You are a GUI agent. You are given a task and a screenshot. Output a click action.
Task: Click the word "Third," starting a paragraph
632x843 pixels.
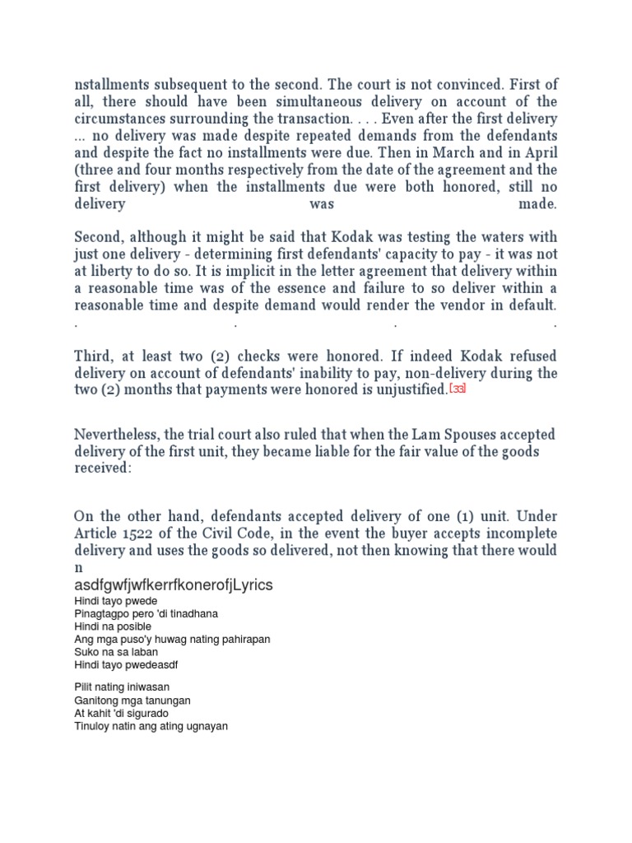coord(95,356)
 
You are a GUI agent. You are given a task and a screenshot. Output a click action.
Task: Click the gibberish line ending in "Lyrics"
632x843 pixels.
coord(174,585)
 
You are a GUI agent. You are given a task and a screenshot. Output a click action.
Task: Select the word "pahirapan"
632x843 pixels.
coord(244,639)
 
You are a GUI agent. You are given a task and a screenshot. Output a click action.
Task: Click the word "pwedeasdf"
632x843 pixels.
coord(152,664)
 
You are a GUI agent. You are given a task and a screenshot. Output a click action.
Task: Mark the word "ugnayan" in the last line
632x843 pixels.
coord(207,726)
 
